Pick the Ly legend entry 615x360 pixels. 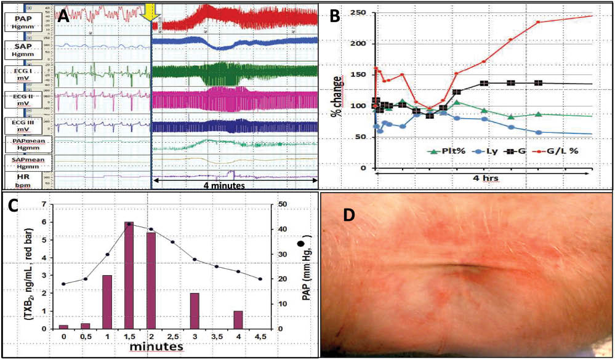(x=486, y=150)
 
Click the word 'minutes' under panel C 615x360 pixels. (x=159, y=348)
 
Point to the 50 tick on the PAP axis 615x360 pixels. (x=280, y=204)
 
